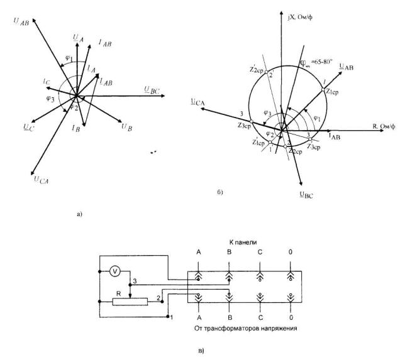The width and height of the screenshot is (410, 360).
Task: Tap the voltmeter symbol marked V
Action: [x=114, y=271]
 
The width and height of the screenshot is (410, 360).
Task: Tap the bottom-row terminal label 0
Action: [x=291, y=317]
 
